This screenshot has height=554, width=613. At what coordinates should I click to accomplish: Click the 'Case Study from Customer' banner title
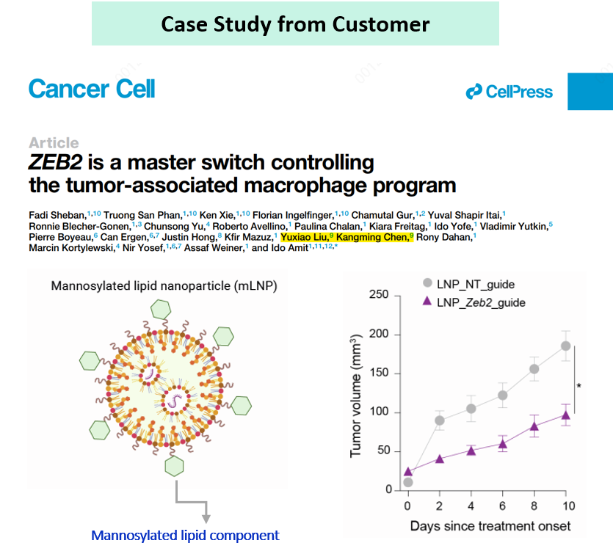(295, 23)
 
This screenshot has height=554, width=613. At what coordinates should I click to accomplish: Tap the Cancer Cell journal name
(92, 90)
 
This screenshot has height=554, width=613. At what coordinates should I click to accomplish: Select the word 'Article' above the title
(54, 142)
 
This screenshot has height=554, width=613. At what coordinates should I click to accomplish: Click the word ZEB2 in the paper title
(58, 162)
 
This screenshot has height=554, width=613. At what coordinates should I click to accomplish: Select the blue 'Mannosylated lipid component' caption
(185, 535)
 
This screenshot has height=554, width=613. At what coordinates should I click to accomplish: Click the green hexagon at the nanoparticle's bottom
(175, 466)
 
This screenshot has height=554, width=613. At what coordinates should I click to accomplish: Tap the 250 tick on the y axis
(379, 295)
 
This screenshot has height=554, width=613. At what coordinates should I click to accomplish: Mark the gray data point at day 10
(565, 346)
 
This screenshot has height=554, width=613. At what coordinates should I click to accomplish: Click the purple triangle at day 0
(408, 472)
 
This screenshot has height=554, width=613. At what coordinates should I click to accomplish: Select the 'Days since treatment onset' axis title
(490, 526)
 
